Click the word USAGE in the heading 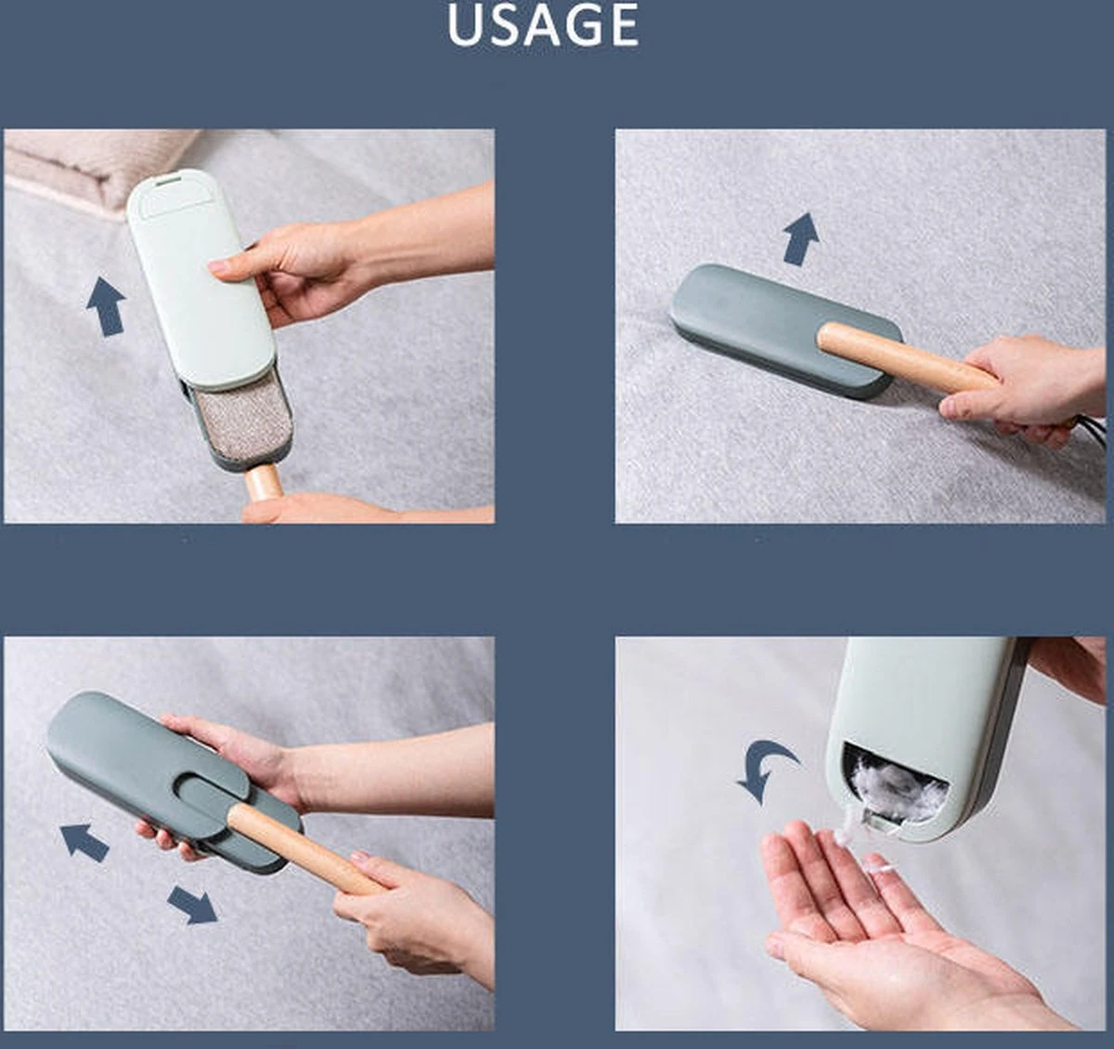[x=543, y=26]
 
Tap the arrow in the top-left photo [x=106, y=306]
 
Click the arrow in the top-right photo [x=801, y=239]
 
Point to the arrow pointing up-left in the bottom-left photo [x=84, y=841]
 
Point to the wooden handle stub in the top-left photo [x=264, y=483]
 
